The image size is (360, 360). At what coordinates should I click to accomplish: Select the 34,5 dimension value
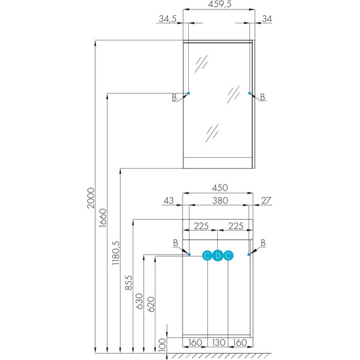tap(167, 19)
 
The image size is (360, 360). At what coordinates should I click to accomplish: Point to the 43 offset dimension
tap(168, 201)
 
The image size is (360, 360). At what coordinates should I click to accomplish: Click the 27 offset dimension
tap(266, 201)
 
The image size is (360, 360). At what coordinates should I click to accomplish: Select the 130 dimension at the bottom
tap(218, 344)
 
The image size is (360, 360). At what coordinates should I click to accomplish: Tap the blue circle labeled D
tap(218, 256)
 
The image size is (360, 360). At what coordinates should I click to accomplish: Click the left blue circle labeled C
tap(207, 256)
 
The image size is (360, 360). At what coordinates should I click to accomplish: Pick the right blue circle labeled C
tap(229, 256)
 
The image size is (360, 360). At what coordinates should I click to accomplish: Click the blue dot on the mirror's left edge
tap(189, 93)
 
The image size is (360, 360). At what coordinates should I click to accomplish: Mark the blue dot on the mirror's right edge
tap(250, 93)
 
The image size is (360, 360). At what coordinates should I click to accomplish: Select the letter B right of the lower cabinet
tap(263, 243)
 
